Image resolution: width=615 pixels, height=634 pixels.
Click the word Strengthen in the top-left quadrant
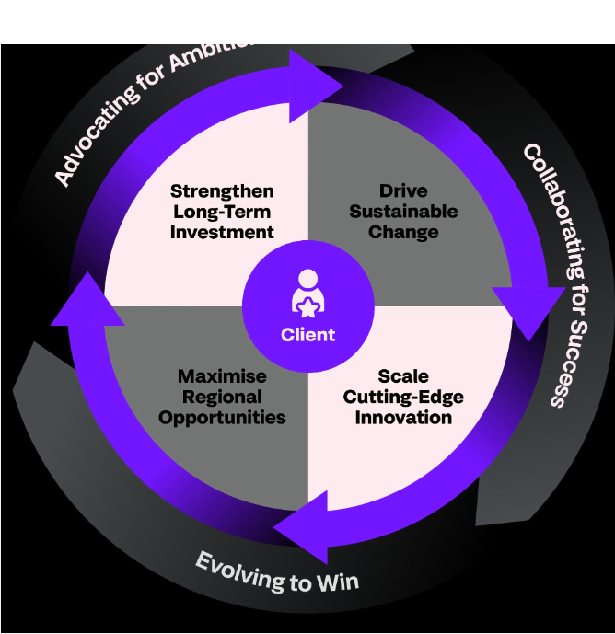pos(222,191)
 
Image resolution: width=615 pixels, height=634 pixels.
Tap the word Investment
pos(222,232)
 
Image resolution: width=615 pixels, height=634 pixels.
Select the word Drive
pos(403,191)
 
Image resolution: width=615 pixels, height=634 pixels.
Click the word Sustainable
pos(403,212)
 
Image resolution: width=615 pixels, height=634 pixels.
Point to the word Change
pos(403,232)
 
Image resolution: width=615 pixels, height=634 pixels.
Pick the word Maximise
pos(222,376)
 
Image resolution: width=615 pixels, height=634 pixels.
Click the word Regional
pos(222,397)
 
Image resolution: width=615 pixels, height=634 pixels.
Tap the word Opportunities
pos(222,417)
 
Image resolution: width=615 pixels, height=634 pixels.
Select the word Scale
pos(403,376)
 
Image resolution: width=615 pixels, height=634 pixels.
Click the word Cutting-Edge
pos(403,397)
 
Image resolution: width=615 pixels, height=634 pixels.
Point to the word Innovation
pos(403,417)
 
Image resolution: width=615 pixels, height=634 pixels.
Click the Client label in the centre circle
pos(308,334)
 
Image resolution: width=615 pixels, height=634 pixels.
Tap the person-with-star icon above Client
pos(308,293)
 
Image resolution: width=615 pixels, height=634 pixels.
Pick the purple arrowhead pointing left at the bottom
pos(304,527)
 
